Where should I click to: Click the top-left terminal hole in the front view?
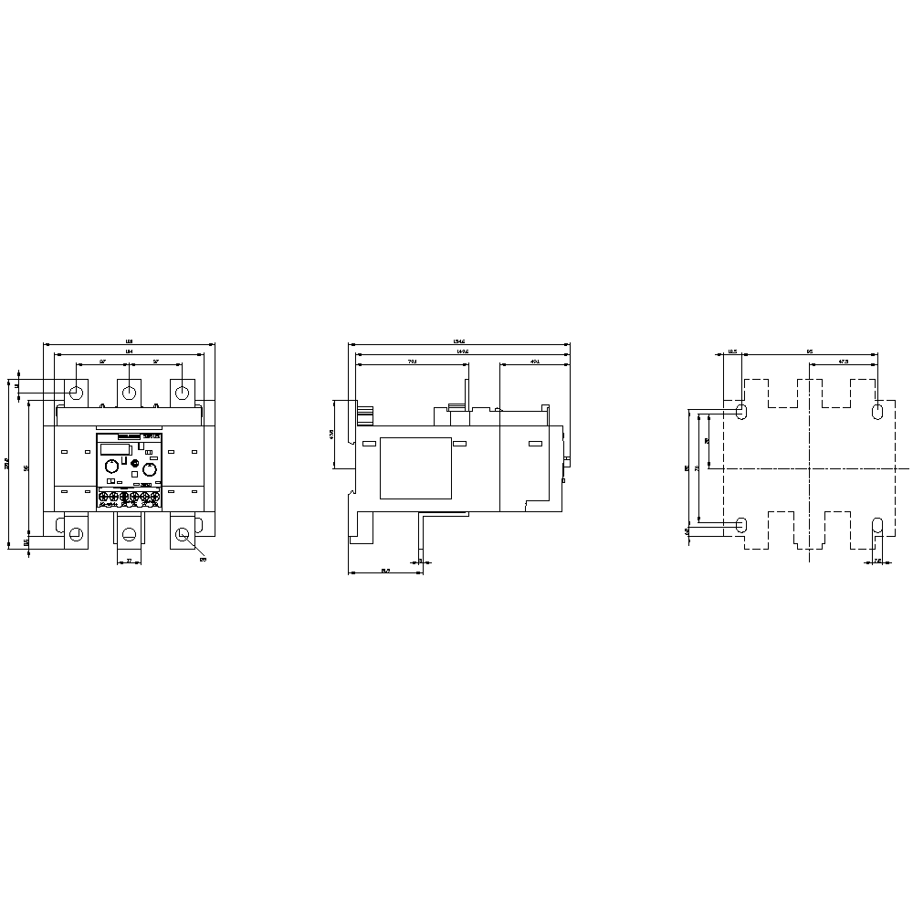click(76, 393)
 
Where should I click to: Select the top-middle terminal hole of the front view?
click(130, 393)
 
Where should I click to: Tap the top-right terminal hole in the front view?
click(183, 393)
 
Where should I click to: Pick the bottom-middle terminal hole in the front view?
click(129, 534)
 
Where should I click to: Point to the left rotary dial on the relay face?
click(110, 467)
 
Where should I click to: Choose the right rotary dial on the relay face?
click(147, 467)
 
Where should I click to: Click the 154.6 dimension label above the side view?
click(460, 341)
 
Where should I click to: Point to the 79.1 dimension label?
click(412, 362)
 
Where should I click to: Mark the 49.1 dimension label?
click(535, 362)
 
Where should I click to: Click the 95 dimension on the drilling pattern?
click(810, 351)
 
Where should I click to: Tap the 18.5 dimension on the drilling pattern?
click(732, 351)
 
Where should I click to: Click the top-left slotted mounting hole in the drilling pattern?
click(740, 412)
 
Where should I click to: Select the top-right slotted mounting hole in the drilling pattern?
click(878, 412)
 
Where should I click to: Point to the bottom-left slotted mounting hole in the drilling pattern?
click(740, 525)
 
